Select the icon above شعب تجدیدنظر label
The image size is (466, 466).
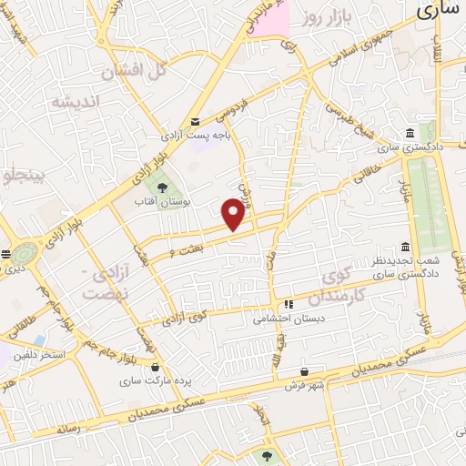pyautogui.click(x=405, y=248)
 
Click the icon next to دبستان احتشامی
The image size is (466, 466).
pyautogui.click(x=289, y=305)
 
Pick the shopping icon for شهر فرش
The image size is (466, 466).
pyautogui.click(x=304, y=371)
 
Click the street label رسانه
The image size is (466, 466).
pyautogui.click(x=69, y=428)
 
